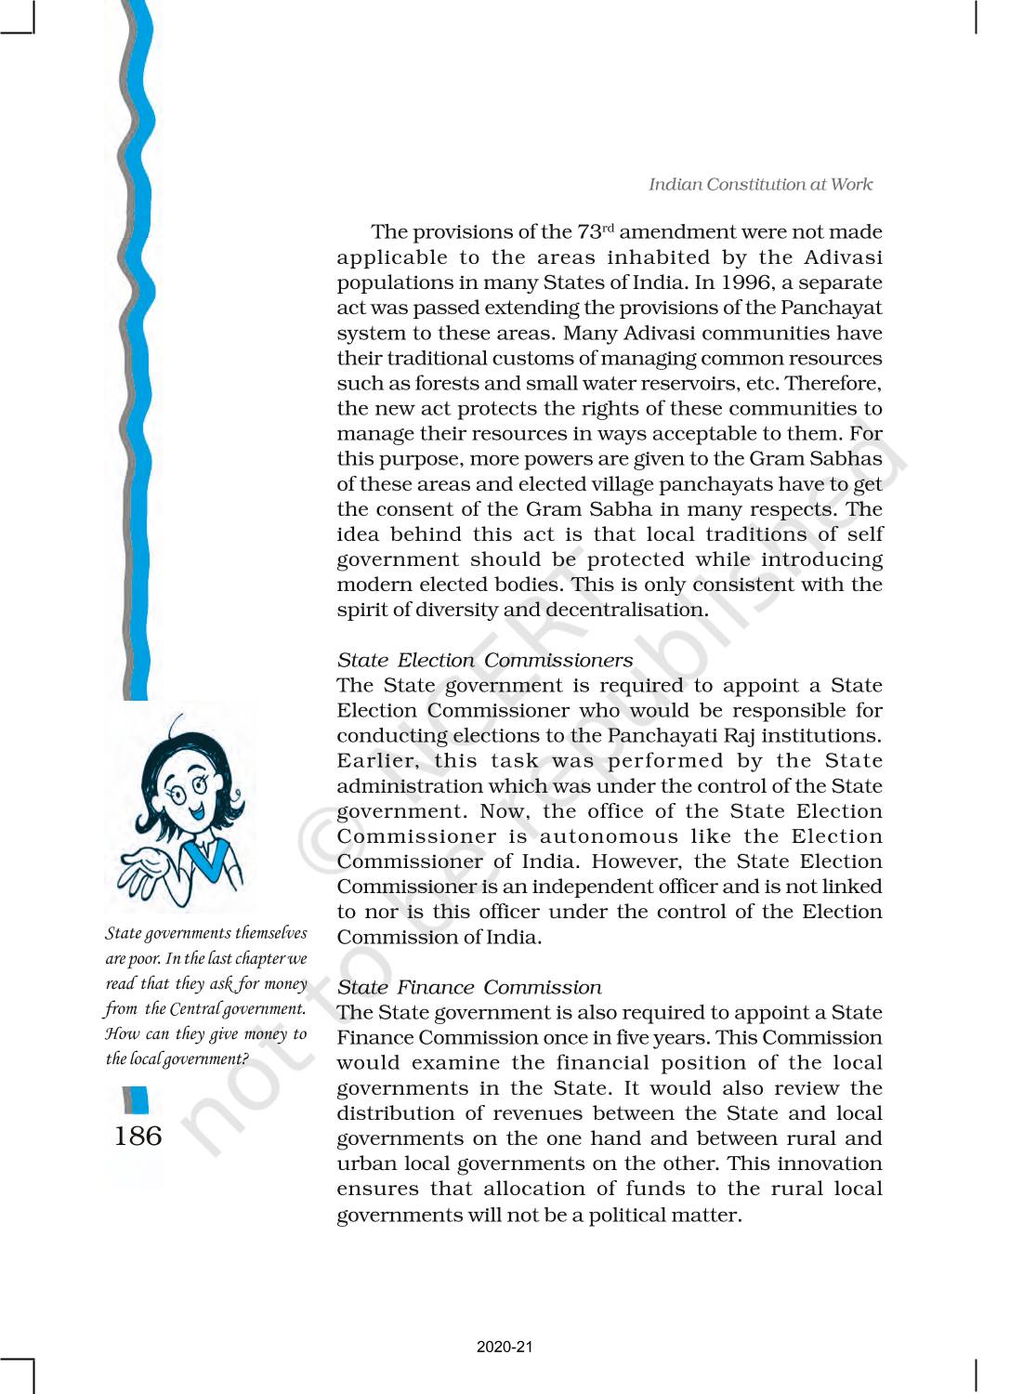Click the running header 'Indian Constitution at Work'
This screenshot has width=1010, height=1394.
point(760,184)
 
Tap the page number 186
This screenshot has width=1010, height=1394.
point(138,1136)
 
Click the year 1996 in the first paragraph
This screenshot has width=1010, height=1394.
point(746,283)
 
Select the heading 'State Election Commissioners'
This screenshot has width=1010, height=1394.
point(484,660)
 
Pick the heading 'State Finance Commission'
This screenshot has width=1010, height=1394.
point(468,987)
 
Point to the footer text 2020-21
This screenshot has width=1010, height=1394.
point(505,1347)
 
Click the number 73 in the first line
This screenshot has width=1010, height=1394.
point(589,232)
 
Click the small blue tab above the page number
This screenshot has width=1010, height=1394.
point(136,1100)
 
